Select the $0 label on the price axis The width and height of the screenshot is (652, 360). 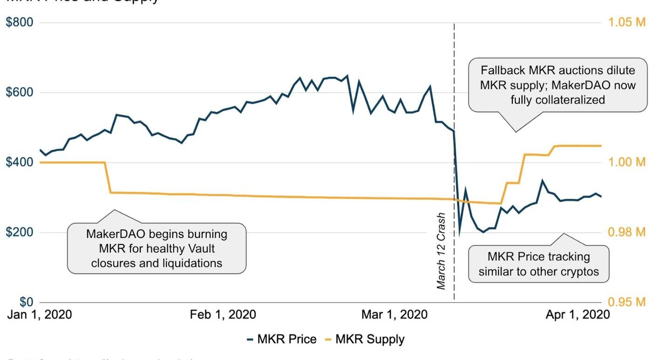click(26, 302)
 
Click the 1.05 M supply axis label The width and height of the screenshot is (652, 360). click(627, 22)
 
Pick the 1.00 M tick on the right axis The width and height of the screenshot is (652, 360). click(627, 162)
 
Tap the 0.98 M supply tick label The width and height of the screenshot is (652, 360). click(627, 232)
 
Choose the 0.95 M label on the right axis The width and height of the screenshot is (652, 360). click(627, 302)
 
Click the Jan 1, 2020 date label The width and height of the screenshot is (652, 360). click(39, 315)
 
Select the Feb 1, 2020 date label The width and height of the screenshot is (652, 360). click(223, 315)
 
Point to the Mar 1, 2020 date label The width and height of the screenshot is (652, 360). click(394, 315)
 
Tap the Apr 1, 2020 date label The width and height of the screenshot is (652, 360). click(577, 315)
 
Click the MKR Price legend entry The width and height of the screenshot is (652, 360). click(281, 340)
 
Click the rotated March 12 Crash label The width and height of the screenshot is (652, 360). click(441, 251)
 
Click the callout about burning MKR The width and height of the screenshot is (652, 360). click(156, 248)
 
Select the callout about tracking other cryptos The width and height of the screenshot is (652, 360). click(538, 264)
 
